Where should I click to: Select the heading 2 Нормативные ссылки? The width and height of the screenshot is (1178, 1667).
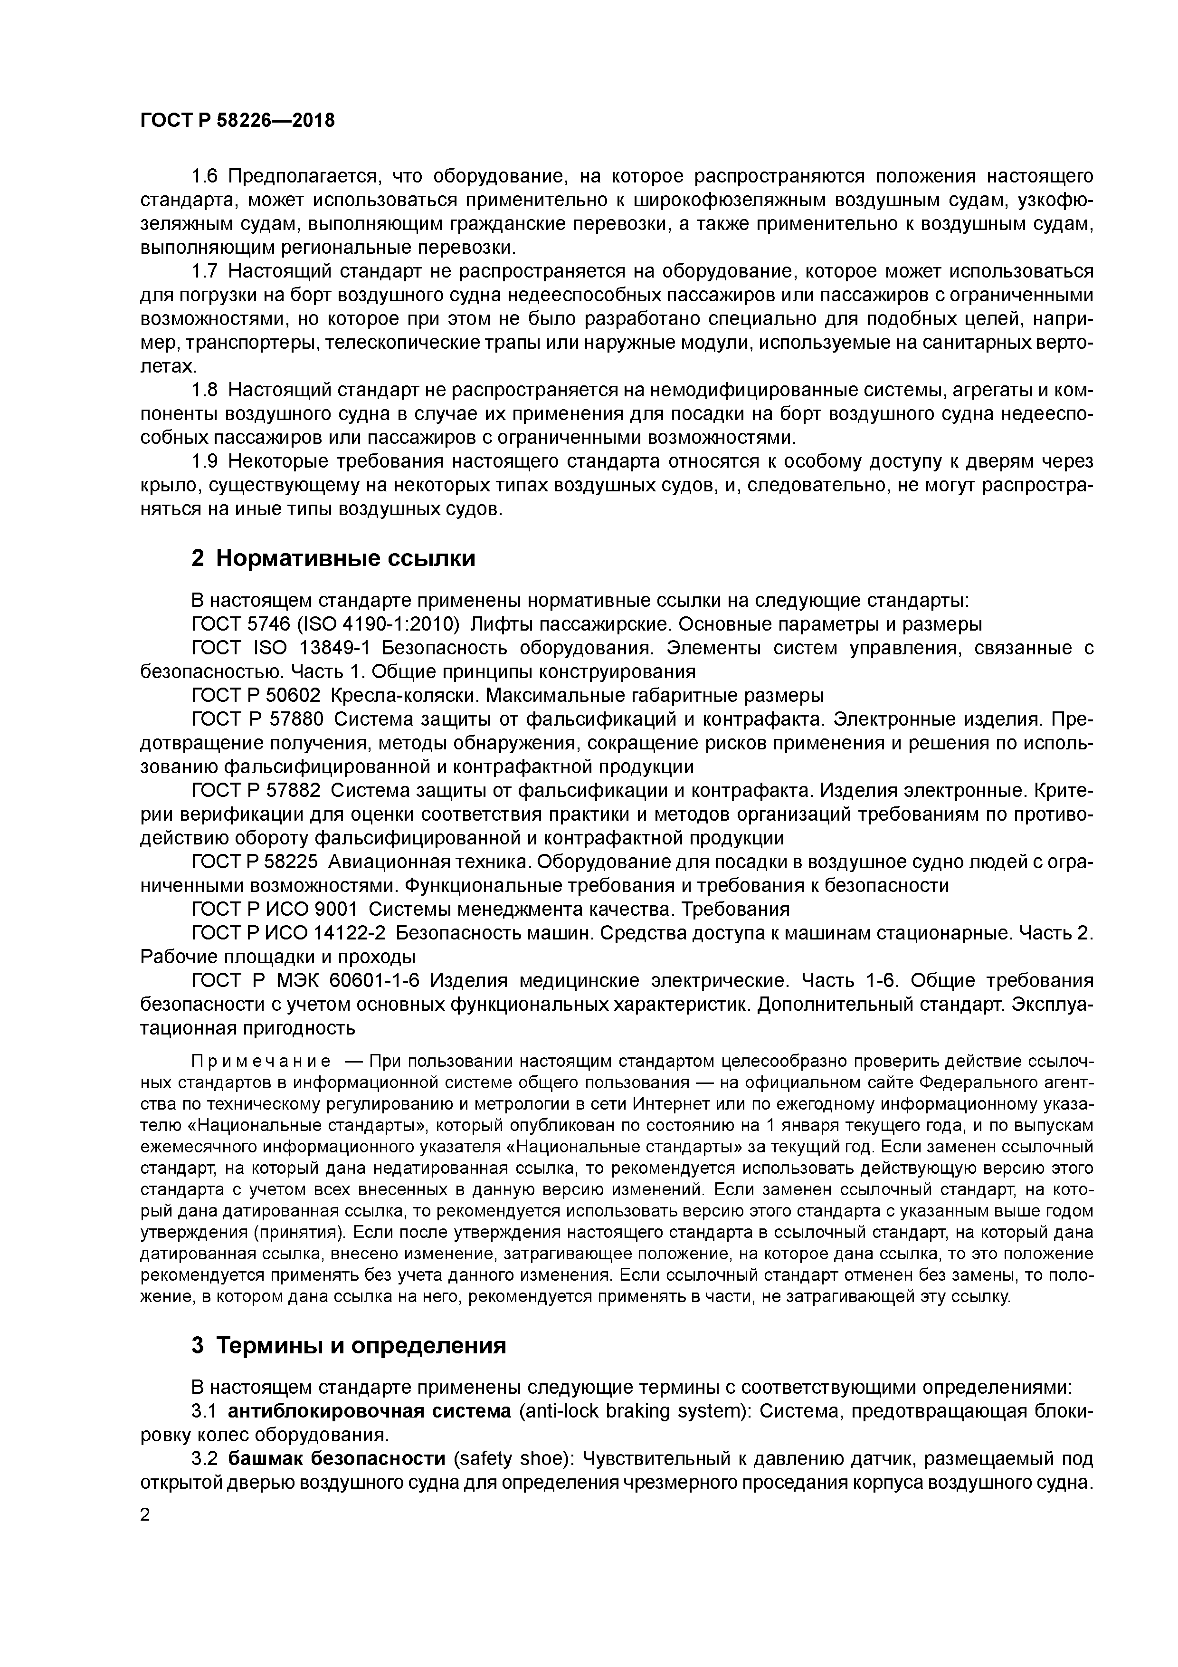click(333, 558)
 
